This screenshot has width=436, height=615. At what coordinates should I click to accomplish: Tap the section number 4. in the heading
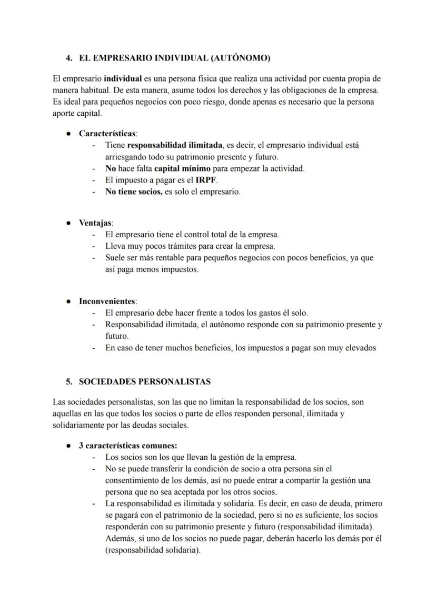pyautogui.click(x=69, y=58)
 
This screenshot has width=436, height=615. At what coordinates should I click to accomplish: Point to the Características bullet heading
pyautogui.click(x=108, y=134)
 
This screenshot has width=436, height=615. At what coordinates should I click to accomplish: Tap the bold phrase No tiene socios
pyautogui.click(x=133, y=192)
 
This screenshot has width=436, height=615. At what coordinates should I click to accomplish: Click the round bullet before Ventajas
pyautogui.click(x=68, y=223)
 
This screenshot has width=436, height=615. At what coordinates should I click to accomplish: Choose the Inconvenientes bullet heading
pyautogui.click(x=108, y=301)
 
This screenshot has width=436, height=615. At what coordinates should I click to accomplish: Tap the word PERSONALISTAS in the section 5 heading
pyautogui.click(x=175, y=381)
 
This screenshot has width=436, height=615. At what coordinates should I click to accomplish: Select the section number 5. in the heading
pyautogui.click(x=69, y=381)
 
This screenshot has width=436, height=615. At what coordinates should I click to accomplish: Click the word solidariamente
pyautogui.click(x=78, y=425)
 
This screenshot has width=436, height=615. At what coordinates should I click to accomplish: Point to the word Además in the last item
pyautogui.click(x=120, y=538)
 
